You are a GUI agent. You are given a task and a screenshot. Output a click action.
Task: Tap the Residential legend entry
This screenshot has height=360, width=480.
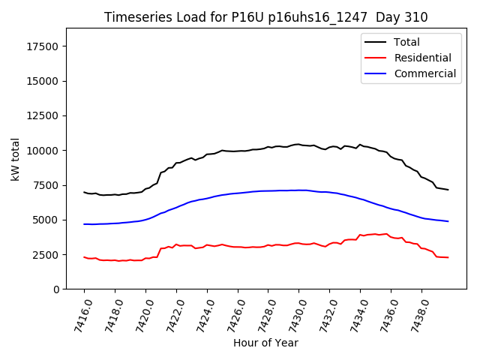[x=422, y=58]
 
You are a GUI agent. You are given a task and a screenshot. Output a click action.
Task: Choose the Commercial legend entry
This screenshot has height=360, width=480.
[x=424, y=73]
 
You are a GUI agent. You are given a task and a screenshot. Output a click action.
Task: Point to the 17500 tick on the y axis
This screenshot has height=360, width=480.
[x=42, y=46]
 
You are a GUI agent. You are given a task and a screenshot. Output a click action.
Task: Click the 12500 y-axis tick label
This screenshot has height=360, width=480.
[x=42, y=116]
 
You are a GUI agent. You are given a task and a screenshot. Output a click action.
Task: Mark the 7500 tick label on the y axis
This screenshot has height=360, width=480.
[x=45, y=185]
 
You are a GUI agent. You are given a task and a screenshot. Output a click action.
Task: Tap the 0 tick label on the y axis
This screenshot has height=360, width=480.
[x=56, y=289]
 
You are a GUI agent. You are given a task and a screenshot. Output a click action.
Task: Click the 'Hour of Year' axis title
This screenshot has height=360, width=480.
[x=265, y=343]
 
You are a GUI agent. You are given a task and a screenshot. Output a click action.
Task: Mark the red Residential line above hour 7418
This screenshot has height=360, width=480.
[x=115, y=260]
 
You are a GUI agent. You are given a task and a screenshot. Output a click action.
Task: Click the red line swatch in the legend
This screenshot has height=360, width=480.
[x=374, y=58]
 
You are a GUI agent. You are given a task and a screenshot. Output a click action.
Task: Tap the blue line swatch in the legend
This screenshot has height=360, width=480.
[x=374, y=73]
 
